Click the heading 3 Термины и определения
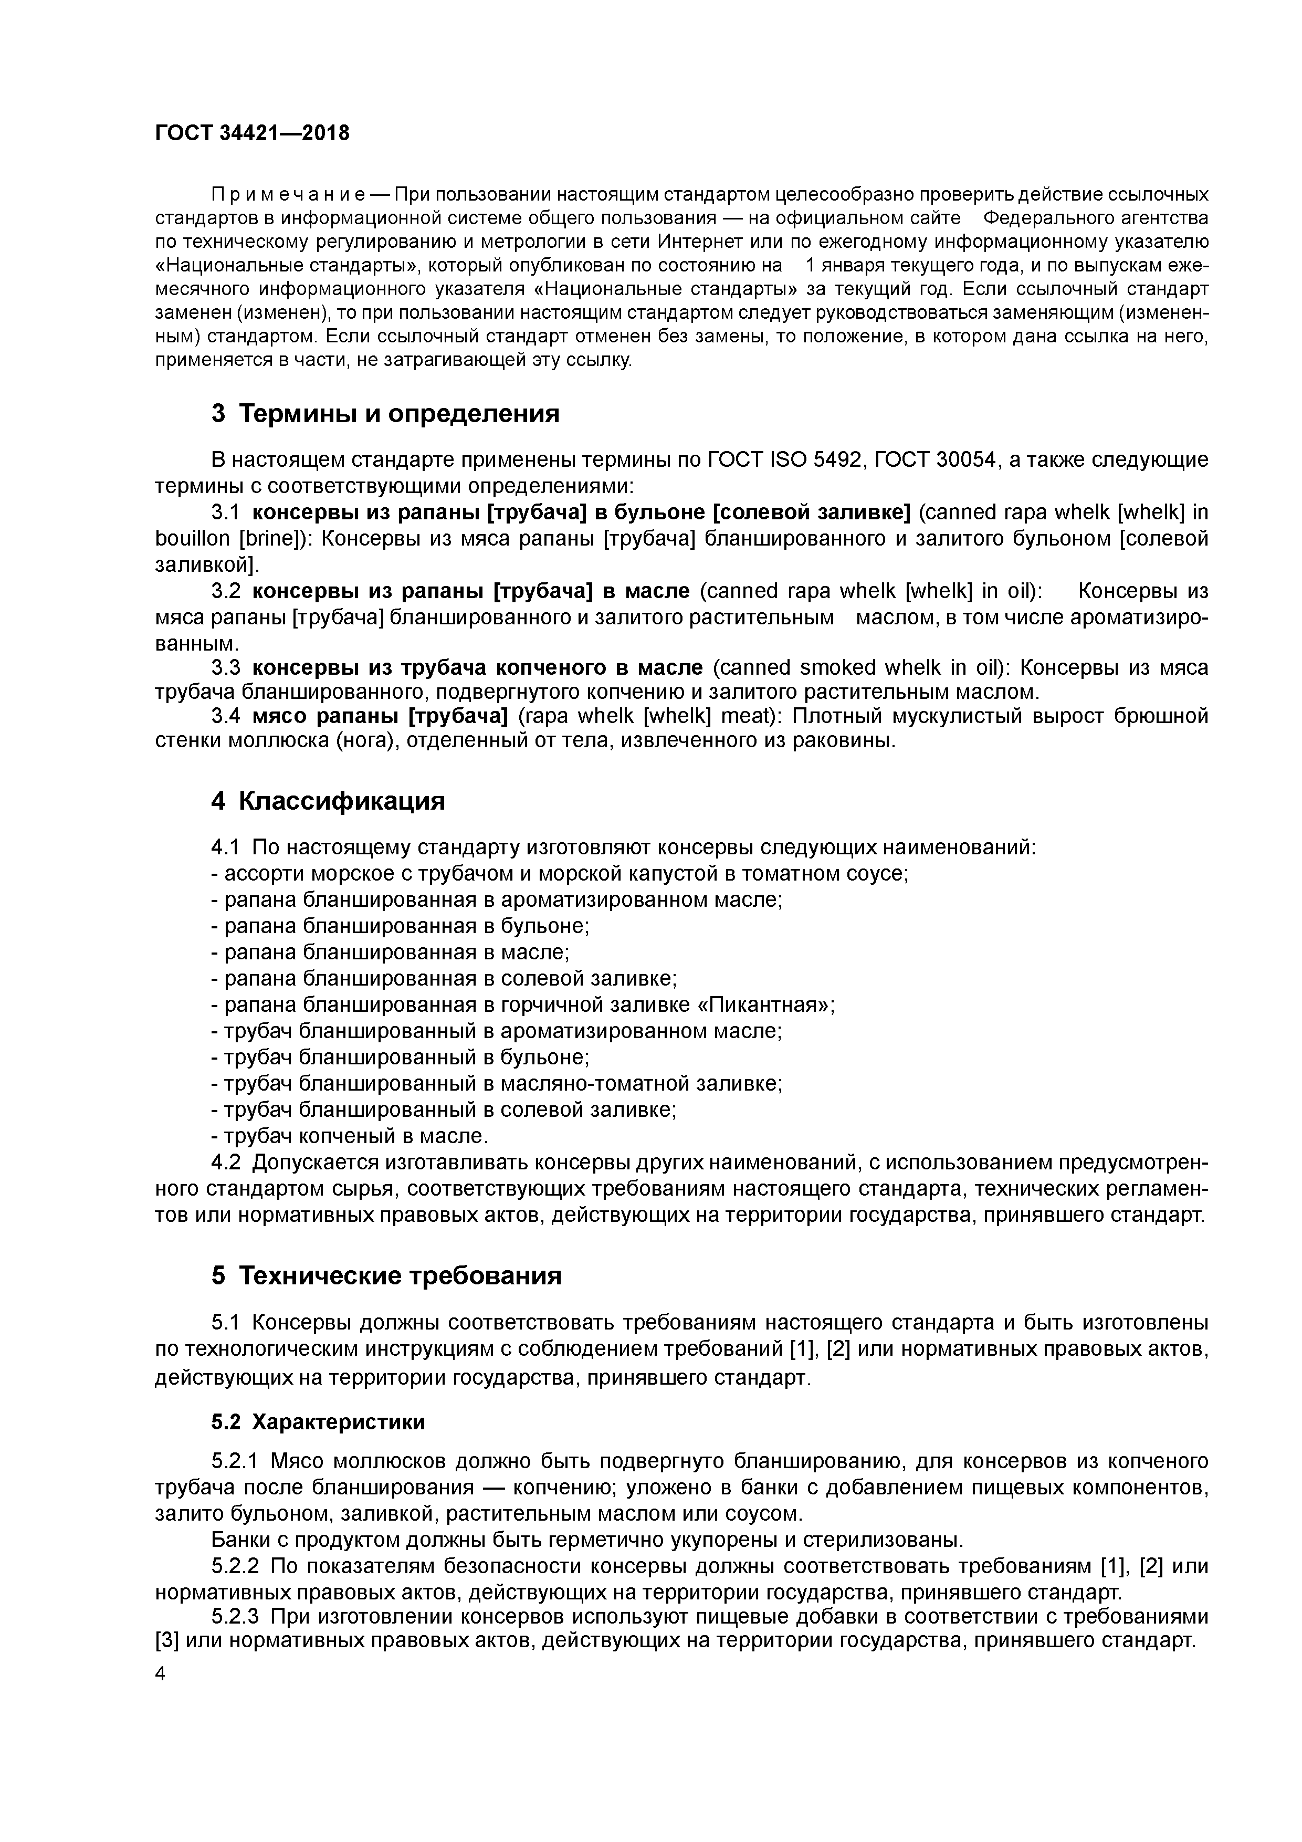(385, 414)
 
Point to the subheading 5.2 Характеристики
(318, 1422)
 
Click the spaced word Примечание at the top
(289, 195)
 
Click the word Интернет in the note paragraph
(693, 242)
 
